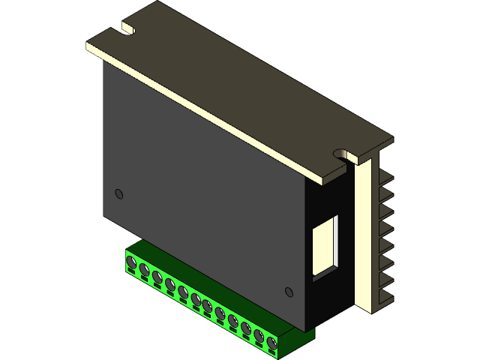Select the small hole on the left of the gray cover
click(x=118, y=194)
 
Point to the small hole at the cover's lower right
click(x=289, y=292)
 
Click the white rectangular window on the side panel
click(x=325, y=244)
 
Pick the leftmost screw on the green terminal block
click(x=131, y=262)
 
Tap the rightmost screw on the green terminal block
click(x=271, y=343)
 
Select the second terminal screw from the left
click(x=144, y=270)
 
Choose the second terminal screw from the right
click(x=259, y=336)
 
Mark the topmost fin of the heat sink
click(x=385, y=178)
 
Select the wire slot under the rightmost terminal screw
click(x=271, y=352)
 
